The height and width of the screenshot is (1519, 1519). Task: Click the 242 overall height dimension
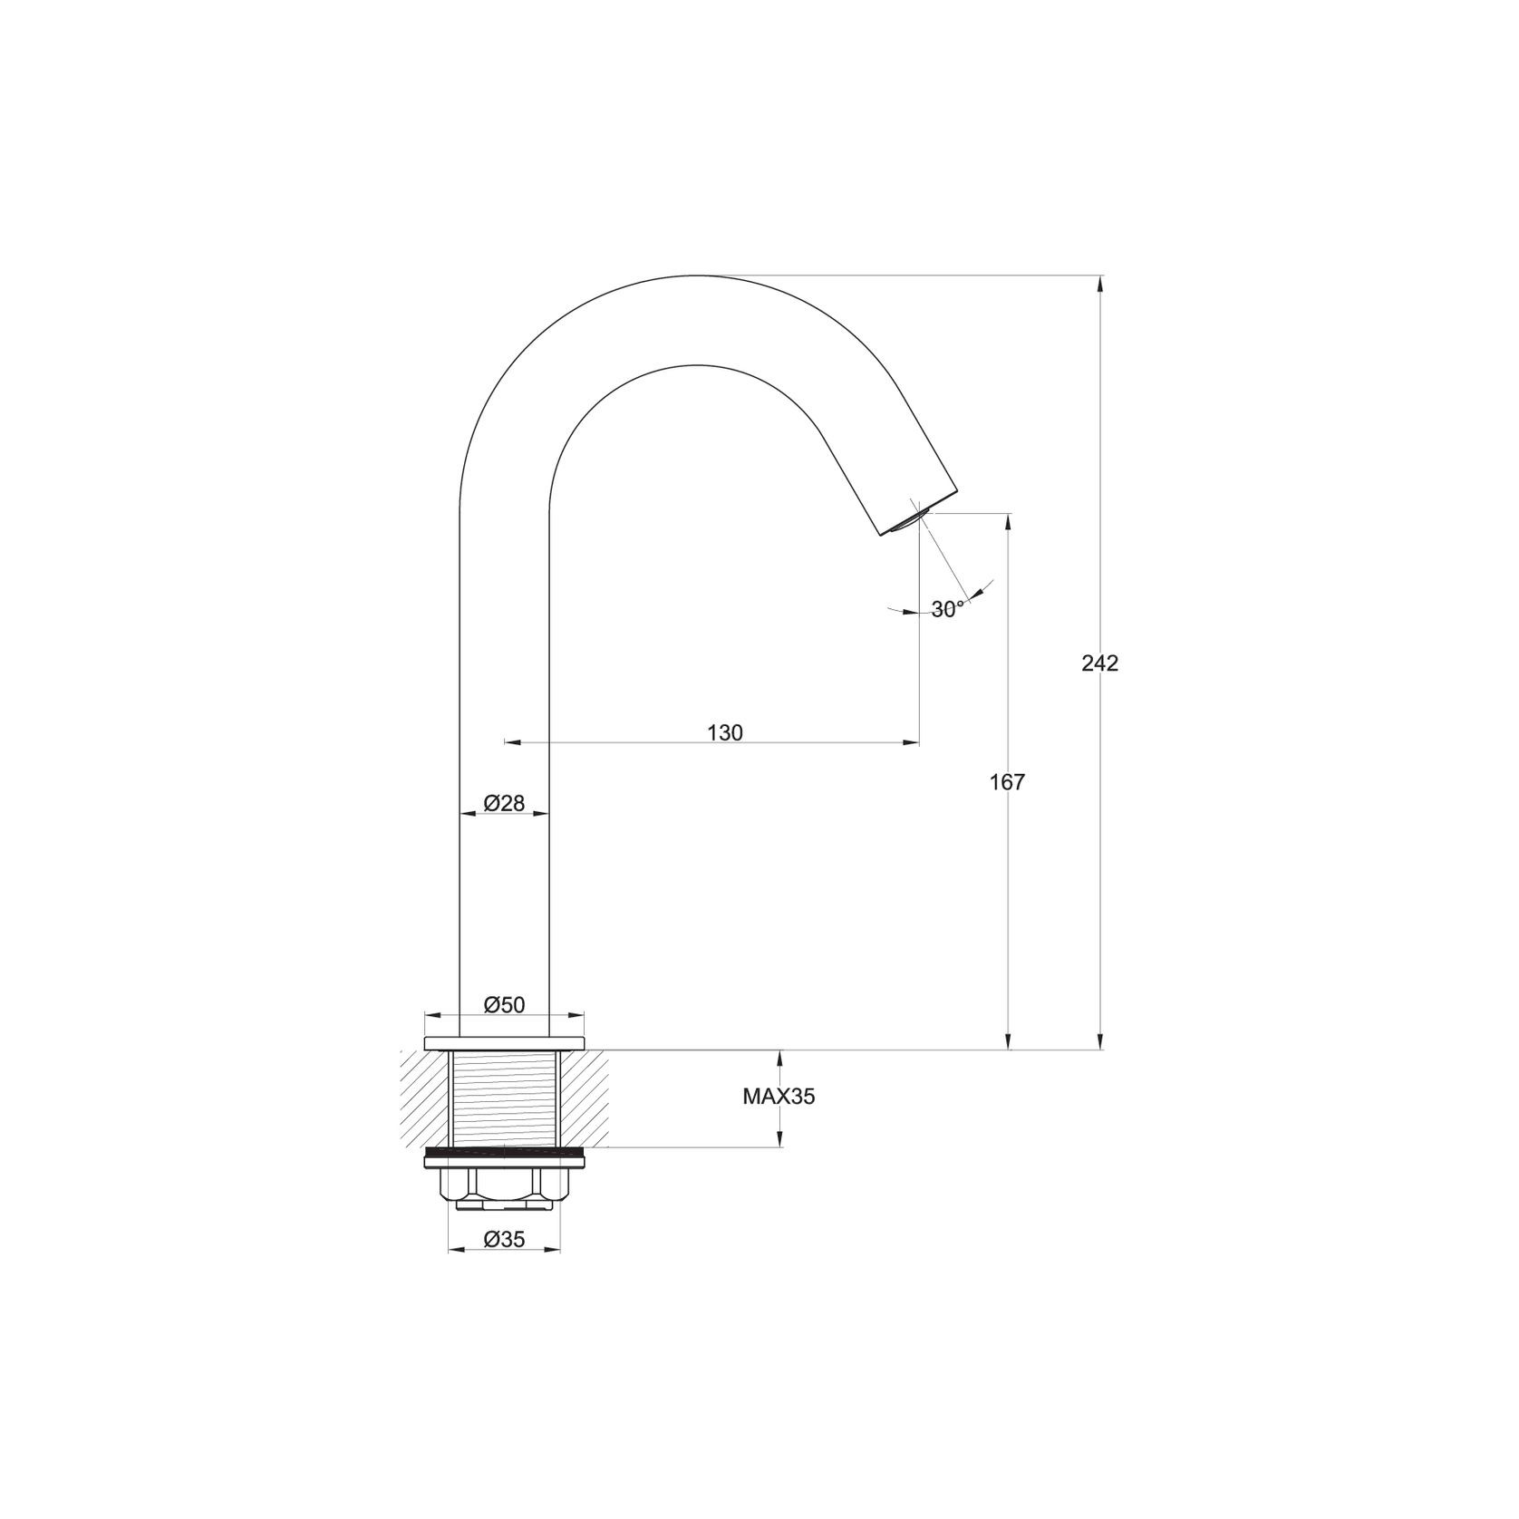point(1099,663)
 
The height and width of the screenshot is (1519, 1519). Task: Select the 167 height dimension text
point(1007,783)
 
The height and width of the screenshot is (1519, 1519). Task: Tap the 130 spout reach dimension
point(724,733)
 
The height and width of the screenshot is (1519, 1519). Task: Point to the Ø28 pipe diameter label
point(504,803)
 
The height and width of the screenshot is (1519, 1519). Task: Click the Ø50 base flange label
point(504,1004)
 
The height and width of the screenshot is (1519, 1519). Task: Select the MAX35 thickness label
point(779,1097)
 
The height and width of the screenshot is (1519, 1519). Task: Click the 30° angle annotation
point(947,610)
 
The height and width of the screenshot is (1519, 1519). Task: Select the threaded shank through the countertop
point(504,1098)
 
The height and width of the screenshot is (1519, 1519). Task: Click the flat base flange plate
point(504,1042)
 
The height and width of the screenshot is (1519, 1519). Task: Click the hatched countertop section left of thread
point(424,1097)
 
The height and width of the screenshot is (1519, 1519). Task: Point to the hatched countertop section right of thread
point(584,1097)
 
